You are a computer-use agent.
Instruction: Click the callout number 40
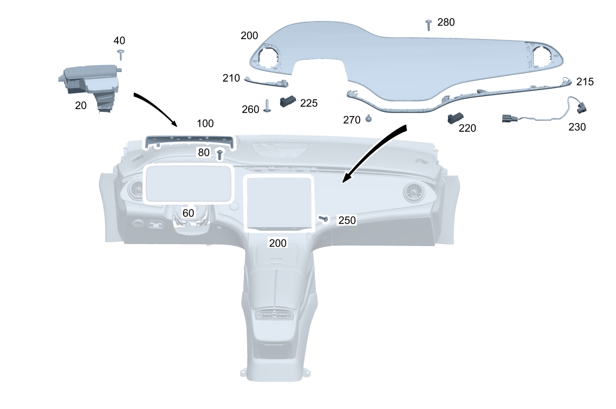(x=119, y=41)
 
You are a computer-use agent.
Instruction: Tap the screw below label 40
(x=121, y=53)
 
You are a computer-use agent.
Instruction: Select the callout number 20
(x=81, y=106)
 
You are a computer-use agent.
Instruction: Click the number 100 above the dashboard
(x=205, y=123)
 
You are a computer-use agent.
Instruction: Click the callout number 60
(x=188, y=213)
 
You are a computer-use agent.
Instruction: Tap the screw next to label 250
(x=323, y=218)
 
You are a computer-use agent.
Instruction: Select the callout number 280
(x=446, y=22)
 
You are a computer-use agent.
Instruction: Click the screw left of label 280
(x=428, y=24)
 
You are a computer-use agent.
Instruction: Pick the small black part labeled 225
(x=288, y=101)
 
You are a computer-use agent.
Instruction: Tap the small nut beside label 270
(x=368, y=118)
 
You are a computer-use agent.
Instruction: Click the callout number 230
(x=577, y=127)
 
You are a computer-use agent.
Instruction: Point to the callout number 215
(x=585, y=82)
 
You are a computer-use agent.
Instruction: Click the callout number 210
(x=231, y=78)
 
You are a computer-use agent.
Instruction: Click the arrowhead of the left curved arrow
(x=174, y=124)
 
